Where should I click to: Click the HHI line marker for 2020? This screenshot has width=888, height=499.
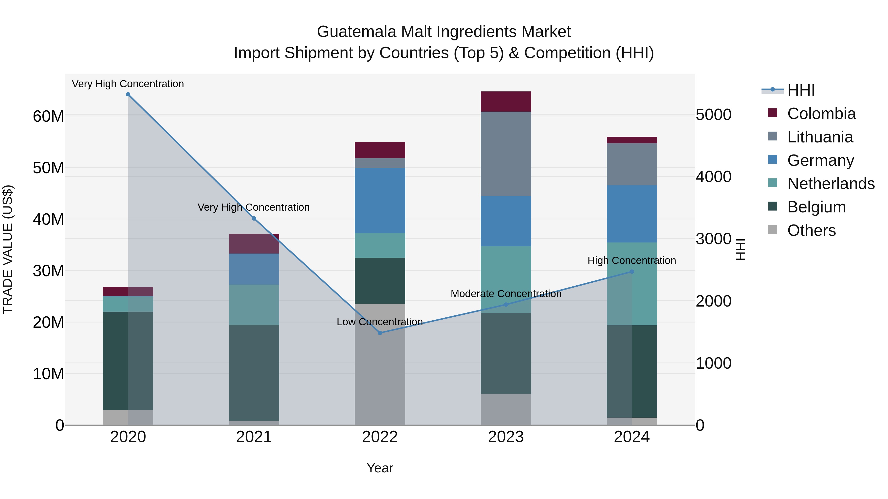(128, 94)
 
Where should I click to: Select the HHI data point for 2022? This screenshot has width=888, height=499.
(380, 333)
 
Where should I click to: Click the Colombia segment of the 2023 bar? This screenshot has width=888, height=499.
(506, 102)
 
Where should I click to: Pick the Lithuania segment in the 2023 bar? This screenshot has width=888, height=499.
(506, 154)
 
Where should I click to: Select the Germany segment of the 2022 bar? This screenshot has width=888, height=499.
(380, 201)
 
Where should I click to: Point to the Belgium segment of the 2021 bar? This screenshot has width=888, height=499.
(254, 373)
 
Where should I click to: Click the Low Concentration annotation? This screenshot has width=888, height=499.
(380, 322)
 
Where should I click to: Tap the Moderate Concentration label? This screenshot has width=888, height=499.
(506, 294)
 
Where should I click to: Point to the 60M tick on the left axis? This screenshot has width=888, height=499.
(48, 116)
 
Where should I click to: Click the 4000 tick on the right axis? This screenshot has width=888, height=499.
(713, 177)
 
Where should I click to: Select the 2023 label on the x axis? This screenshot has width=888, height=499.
(506, 437)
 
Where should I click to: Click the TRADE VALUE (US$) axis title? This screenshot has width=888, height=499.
(8, 249)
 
